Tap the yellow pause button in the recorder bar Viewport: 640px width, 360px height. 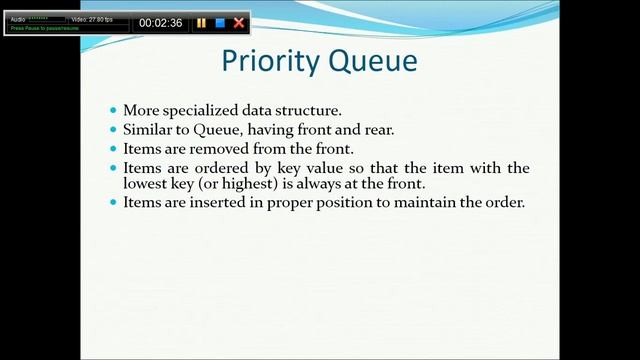[201, 22]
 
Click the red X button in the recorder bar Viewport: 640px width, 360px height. [239, 22]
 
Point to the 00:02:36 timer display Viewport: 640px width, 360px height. [160, 22]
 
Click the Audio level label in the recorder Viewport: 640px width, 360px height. [18, 19]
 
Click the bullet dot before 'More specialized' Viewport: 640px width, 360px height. [112, 110]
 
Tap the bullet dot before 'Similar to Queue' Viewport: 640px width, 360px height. [112, 130]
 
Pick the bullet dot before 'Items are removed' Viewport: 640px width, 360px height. [112, 149]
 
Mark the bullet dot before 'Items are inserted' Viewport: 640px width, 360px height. [112, 202]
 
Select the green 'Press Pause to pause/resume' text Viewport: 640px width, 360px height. [45, 28]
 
